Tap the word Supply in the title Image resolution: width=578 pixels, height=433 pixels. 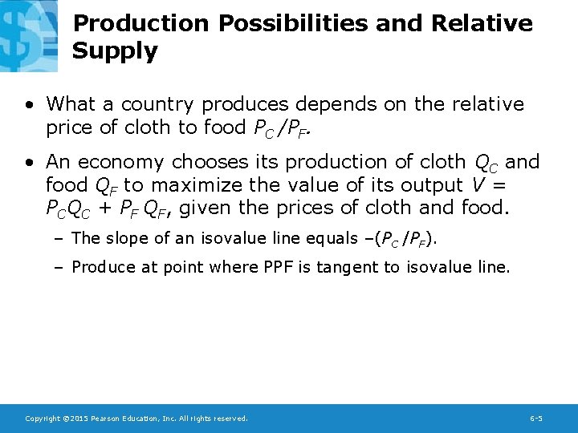click(x=115, y=51)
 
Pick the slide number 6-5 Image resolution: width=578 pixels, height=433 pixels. click(x=536, y=419)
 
